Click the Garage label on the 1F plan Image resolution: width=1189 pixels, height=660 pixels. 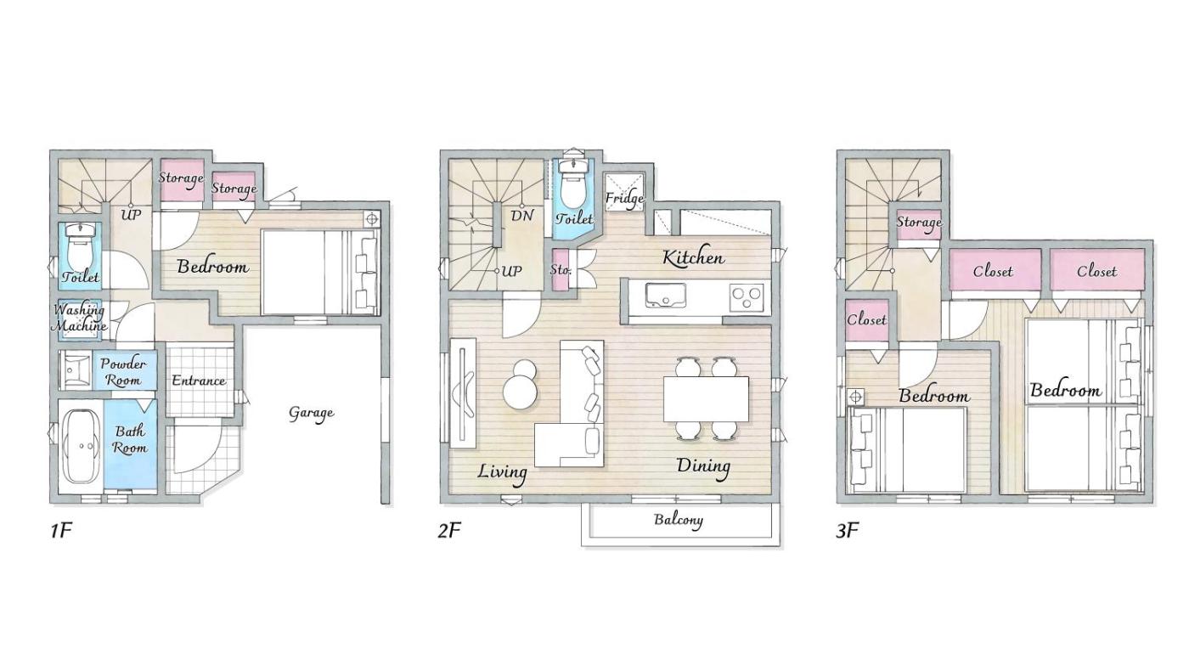click(x=311, y=413)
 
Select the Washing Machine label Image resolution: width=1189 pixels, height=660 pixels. click(x=80, y=318)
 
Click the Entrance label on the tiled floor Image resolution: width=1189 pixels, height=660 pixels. click(x=199, y=381)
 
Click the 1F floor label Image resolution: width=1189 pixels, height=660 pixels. click(x=61, y=530)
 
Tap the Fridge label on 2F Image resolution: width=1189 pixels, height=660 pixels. click(x=625, y=199)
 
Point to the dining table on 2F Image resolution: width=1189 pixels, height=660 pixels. click(x=706, y=398)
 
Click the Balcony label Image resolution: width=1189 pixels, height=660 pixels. click(x=679, y=520)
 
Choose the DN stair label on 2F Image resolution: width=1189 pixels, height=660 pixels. click(x=521, y=216)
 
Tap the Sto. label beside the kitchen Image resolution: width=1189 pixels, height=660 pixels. click(x=561, y=270)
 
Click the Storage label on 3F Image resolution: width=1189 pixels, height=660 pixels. click(x=919, y=222)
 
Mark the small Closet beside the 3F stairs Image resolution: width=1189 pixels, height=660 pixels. click(x=867, y=320)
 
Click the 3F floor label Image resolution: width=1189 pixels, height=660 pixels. click(x=848, y=530)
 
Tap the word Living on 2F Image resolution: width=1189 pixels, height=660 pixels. click(x=503, y=472)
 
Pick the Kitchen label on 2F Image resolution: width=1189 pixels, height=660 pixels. click(x=693, y=258)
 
